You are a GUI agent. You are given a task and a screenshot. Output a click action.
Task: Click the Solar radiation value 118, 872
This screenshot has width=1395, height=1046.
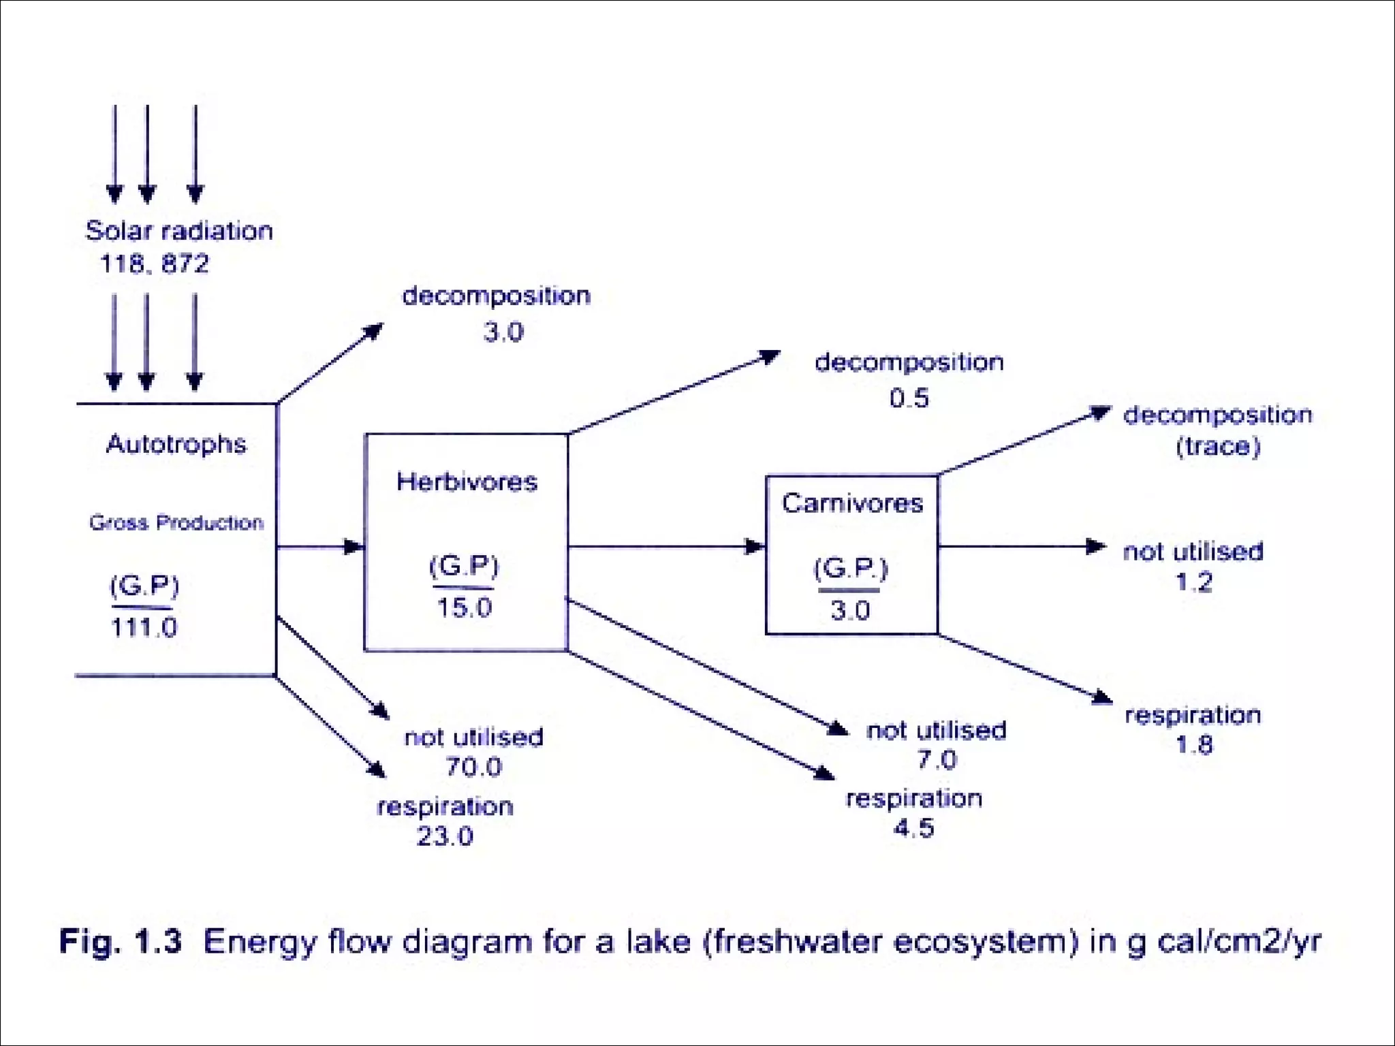(x=155, y=264)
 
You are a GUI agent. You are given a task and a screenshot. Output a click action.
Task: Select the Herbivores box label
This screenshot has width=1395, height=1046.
(x=467, y=482)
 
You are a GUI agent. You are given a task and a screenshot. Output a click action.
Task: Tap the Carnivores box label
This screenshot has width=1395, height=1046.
(x=852, y=503)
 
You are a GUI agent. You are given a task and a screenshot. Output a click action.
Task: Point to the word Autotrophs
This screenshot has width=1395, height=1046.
(x=176, y=444)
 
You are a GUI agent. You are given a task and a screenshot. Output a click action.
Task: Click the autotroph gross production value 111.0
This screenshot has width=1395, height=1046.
(x=144, y=627)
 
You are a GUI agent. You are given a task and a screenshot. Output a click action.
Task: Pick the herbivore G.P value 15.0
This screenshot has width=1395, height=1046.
(x=464, y=607)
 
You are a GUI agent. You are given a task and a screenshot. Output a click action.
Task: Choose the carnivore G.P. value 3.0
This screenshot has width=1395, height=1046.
(x=850, y=610)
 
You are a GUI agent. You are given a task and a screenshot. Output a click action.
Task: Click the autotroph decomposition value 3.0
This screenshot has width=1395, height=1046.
(x=503, y=332)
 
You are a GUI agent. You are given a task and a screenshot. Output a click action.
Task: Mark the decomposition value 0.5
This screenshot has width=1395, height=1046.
(x=909, y=398)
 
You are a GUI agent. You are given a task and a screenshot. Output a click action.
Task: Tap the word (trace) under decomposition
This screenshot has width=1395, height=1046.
(x=1218, y=447)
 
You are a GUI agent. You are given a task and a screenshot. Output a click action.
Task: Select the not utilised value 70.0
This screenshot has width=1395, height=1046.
(x=473, y=767)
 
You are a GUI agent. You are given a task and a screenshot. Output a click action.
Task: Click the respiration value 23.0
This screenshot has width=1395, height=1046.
(x=445, y=836)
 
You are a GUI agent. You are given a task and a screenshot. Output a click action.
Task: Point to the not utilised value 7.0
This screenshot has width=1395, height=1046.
(x=937, y=759)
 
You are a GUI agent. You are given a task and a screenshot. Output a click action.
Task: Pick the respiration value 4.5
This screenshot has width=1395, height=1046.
(x=913, y=829)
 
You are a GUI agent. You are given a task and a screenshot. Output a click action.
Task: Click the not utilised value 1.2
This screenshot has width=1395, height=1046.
(x=1193, y=582)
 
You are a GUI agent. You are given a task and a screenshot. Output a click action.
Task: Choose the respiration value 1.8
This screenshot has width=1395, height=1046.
(x=1194, y=745)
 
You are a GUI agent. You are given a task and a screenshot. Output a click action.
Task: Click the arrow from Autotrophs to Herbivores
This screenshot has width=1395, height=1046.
(x=320, y=547)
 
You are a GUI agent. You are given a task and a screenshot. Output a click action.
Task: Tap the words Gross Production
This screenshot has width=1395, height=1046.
(x=176, y=523)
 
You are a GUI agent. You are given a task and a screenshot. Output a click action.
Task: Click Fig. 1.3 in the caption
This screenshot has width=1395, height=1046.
(x=121, y=942)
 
